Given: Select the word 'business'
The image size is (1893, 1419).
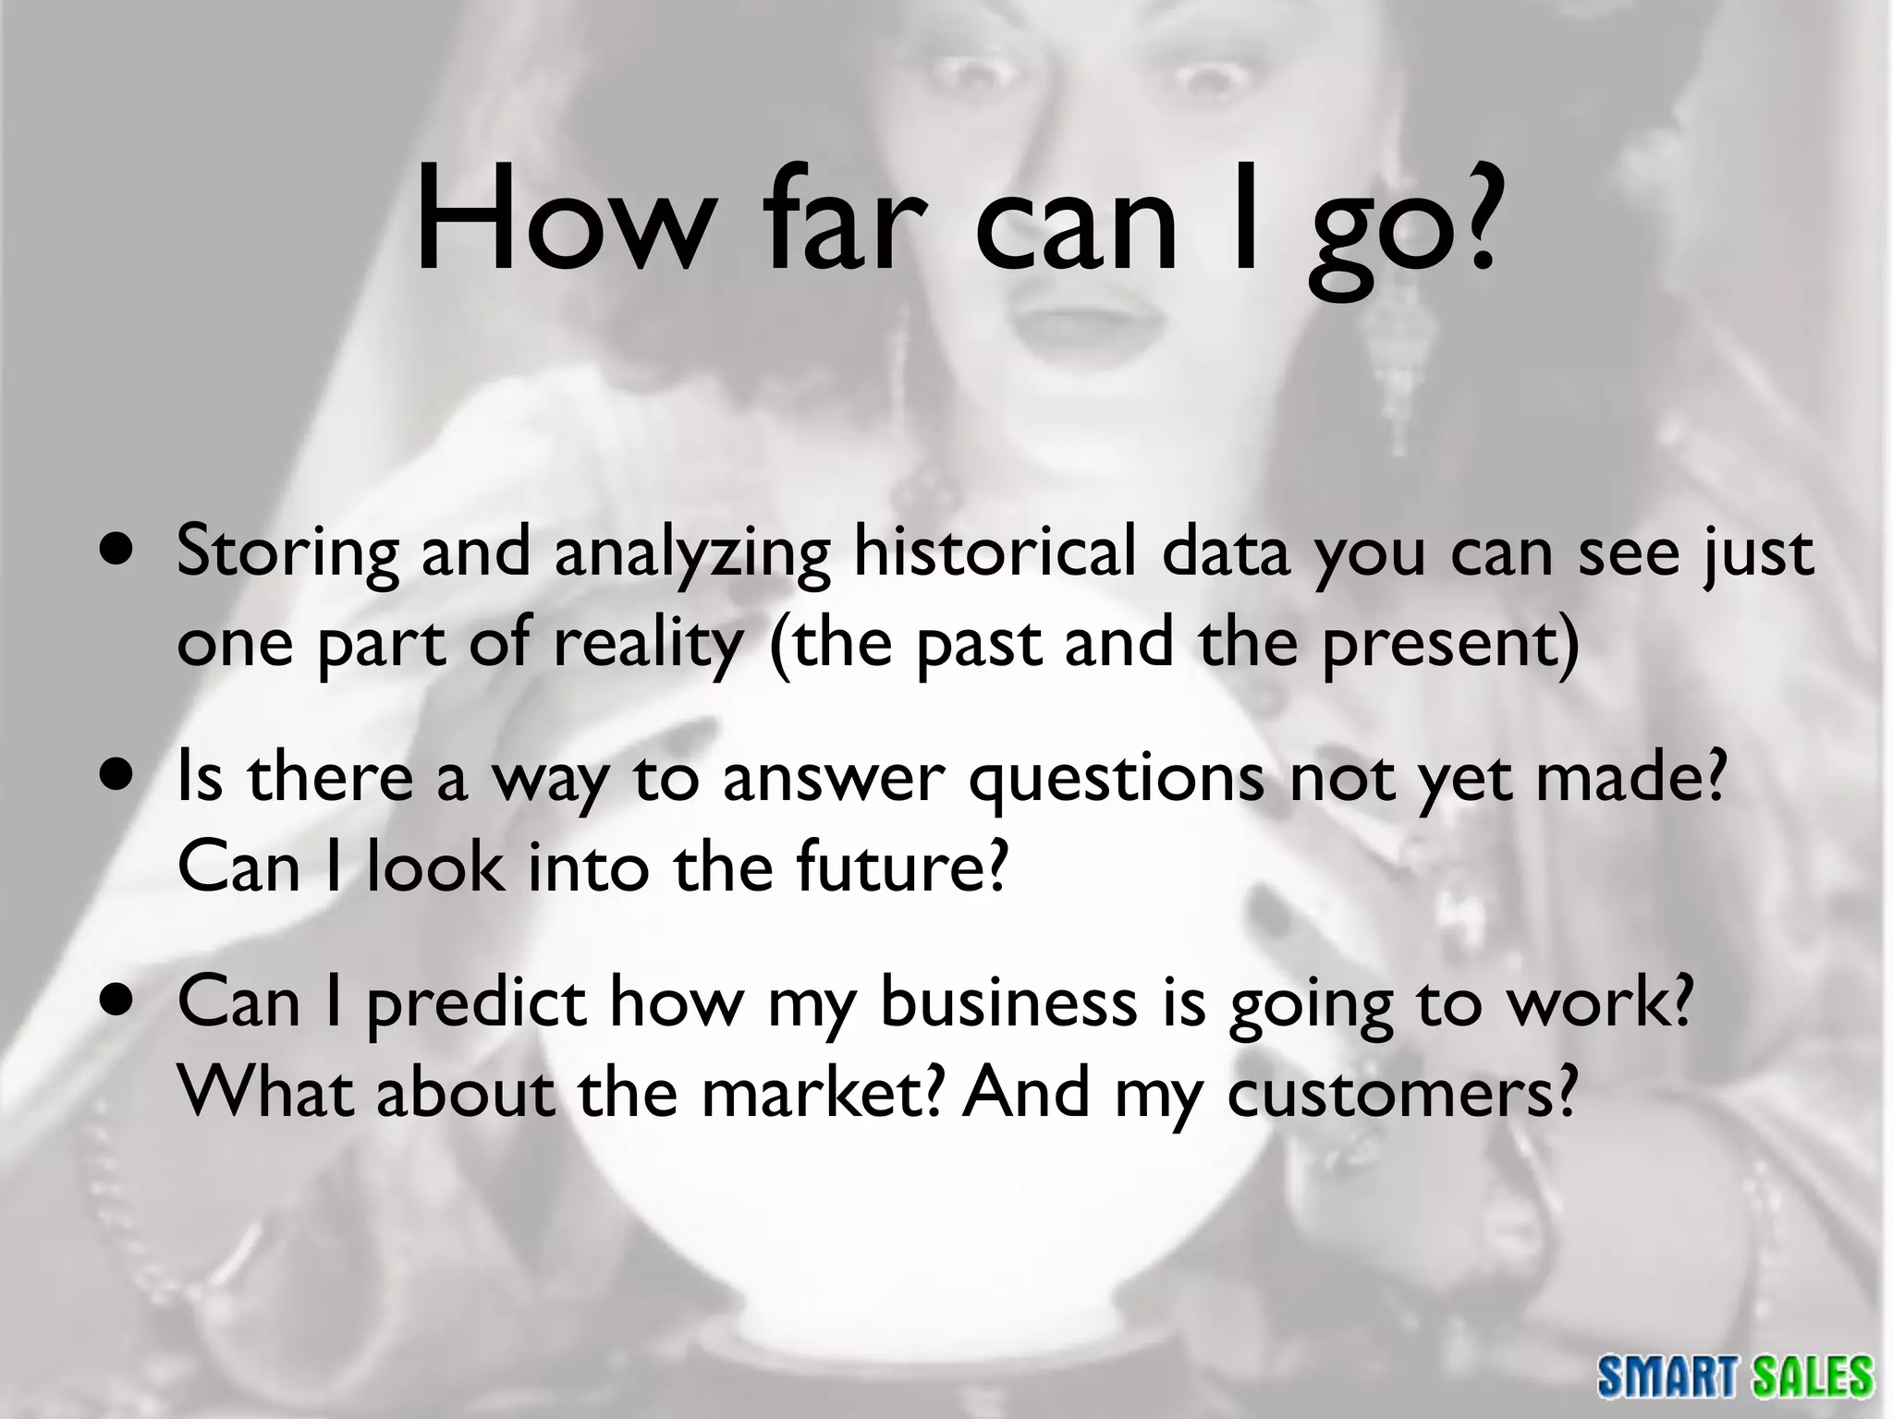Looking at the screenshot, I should (x=1008, y=1002).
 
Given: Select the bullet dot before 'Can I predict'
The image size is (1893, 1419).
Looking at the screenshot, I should (x=118, y=999).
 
